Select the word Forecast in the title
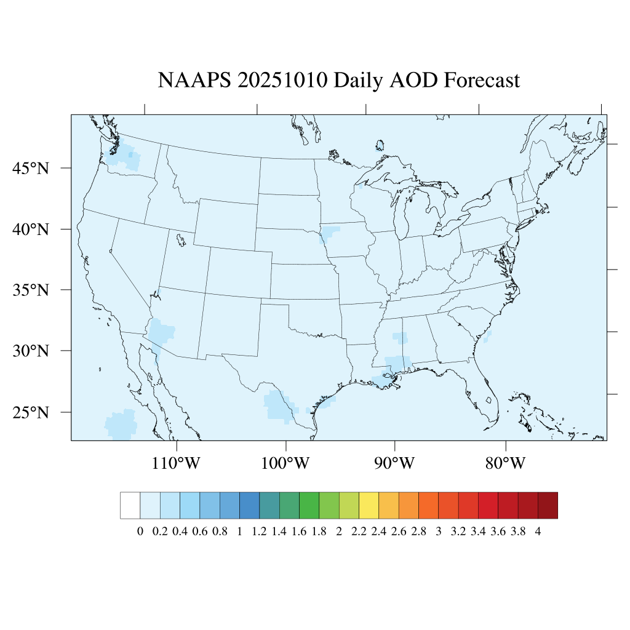pyautogui.click(x=482, y=81)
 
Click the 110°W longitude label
pyautogui.click(x=176, y=462)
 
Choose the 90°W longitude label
pyautogui.click(x=394, y=462)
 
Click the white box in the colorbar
pyautogui.click(x=130, y=505)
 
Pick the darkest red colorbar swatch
pyautogui.click(x=548, y=505)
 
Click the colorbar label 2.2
pyautogui.click(x=359, y=532)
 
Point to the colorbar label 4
pyautogui.click(x=538, y=532)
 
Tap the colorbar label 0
pyautogui.click(x=140, y=532)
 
